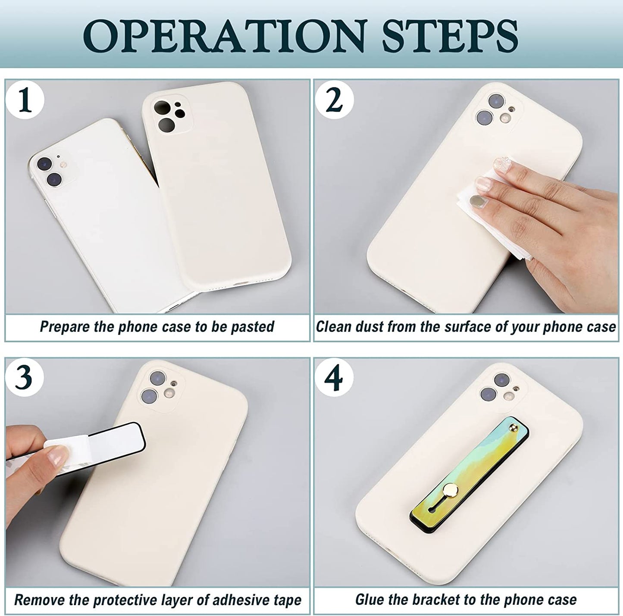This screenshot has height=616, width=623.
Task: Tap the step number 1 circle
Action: [x=25, y=100]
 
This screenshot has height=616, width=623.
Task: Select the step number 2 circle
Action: [x=334, y=100]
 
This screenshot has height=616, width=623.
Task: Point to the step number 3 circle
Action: [x=25, y=378]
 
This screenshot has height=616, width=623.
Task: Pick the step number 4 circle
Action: [x=334, y=378]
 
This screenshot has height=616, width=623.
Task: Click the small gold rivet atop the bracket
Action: [x=514, y=429]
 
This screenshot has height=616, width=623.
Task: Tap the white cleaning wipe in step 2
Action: [x=485, y=207]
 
